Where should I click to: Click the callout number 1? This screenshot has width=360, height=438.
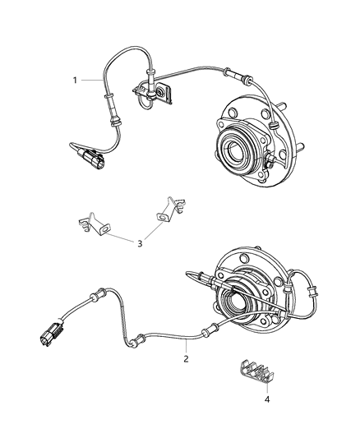(x=75, y=81)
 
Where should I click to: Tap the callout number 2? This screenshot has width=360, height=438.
(x=186, y=359)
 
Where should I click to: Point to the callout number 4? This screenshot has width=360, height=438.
(x=244, y=399)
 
